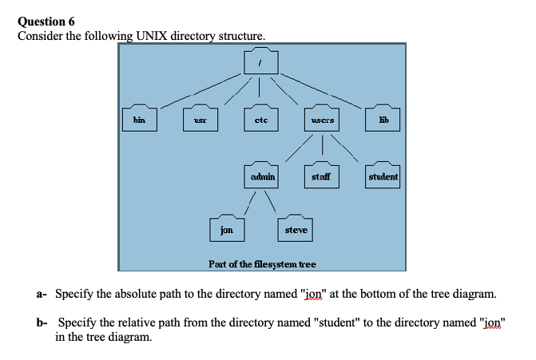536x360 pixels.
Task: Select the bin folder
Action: coord(139,118)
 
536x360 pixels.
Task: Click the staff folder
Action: coord(322,175)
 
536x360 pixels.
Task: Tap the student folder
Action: coord(383,175)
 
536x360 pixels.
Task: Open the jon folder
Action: coord(227,229)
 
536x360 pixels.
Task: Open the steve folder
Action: coord(296,229)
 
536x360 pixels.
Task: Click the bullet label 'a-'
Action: coord(42,294)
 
